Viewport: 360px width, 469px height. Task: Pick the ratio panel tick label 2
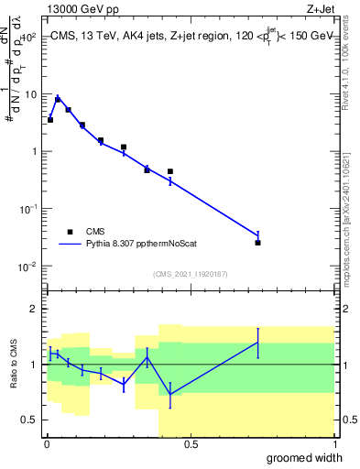33,309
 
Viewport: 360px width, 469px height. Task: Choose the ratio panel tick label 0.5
29,420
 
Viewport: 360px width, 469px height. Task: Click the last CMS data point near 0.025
258,243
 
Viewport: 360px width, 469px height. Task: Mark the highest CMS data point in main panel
59,99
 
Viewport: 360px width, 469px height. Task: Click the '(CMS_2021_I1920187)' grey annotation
190,274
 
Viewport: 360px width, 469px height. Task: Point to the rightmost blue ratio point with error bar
258,342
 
